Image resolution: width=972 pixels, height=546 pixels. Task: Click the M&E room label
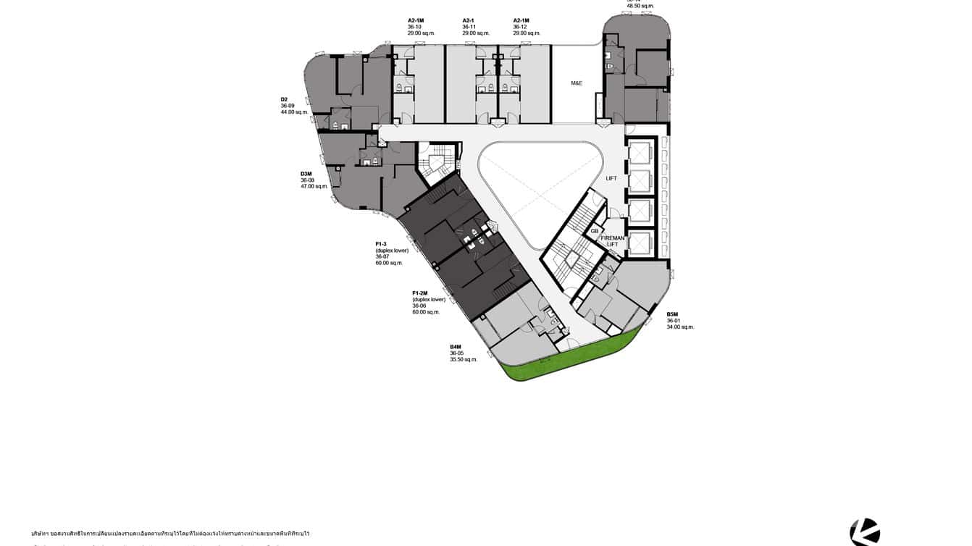(577, 83)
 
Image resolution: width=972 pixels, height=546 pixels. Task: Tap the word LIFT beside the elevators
(611, 178)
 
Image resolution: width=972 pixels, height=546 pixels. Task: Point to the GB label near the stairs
(595, 231)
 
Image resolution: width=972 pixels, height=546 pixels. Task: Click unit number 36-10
(414, 27)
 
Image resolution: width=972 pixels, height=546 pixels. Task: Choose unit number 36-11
(469, 27)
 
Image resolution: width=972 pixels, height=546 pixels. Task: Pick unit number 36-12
(520, 27)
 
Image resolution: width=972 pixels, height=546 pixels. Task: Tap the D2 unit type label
(285, 99)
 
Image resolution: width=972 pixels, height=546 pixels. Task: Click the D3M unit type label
(306, 174)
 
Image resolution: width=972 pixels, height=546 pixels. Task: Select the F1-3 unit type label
(381, 244)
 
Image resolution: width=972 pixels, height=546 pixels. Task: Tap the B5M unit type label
(673, 314)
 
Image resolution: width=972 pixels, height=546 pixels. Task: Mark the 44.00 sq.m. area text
(295, 112)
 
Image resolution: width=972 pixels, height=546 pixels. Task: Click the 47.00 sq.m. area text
(314, 187)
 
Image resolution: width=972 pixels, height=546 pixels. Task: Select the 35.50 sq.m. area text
(464, 359)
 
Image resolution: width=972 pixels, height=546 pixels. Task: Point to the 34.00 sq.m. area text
(680, 327)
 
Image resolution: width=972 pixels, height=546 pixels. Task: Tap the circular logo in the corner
(865, 532)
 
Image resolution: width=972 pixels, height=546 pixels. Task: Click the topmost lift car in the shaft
(641, 154)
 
